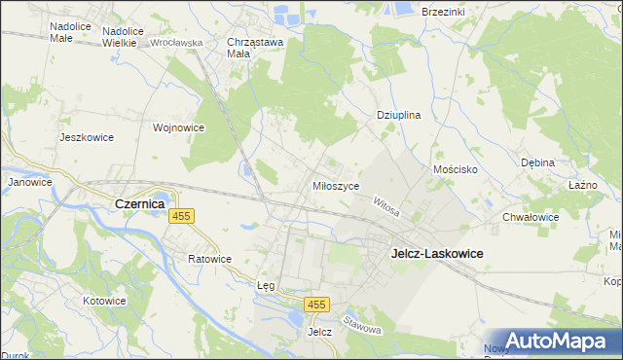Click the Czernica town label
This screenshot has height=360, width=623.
139,204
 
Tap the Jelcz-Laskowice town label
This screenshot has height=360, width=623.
437,253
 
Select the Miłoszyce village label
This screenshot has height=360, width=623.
336,186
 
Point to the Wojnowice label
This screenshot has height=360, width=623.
178,127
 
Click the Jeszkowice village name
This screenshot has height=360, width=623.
87,137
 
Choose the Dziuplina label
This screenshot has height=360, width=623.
398,115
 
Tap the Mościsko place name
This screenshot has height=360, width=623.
454,169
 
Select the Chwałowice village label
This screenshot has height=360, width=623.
531,217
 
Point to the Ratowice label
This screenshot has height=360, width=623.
209,260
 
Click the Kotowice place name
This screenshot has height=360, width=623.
104,301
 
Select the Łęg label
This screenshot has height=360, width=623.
266,286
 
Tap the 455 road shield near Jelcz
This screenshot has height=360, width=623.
314,306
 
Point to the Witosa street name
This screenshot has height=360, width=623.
387,204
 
